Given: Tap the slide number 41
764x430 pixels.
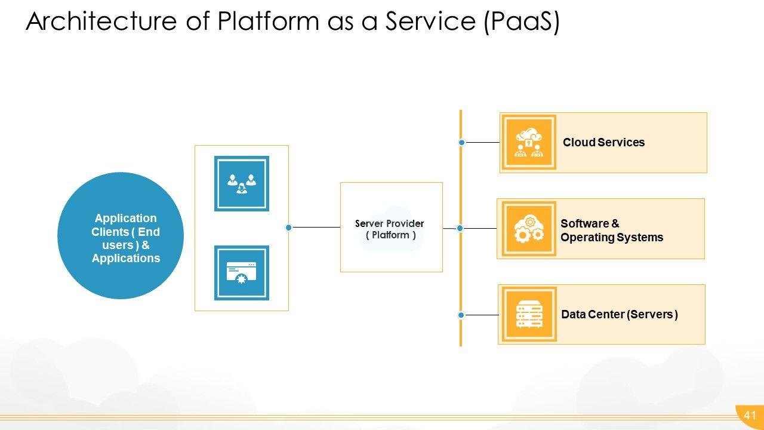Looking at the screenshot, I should (750, 416).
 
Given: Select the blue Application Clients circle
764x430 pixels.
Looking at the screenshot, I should (121, 236).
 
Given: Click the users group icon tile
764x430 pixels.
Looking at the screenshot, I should (242, 183).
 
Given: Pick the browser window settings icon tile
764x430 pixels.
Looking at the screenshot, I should (242, 273).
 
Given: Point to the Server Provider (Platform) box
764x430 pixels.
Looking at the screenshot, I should (391, 228).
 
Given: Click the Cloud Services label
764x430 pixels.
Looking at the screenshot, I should (603, 143).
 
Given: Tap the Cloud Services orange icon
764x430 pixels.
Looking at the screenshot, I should (529, 143).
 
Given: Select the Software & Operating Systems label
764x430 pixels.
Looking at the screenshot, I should (611, 231).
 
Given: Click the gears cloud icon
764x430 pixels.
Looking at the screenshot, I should (529, 229).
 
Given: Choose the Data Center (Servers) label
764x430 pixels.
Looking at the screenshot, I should (619, 315).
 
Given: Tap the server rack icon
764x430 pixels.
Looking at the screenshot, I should (529, 315).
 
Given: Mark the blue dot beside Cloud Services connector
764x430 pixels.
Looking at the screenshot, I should (462, 143).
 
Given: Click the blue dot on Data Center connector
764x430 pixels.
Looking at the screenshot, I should (461, 315).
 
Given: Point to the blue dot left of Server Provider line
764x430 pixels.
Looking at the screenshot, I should (289, 228).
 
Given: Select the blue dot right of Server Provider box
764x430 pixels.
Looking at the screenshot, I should (460, 228).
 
